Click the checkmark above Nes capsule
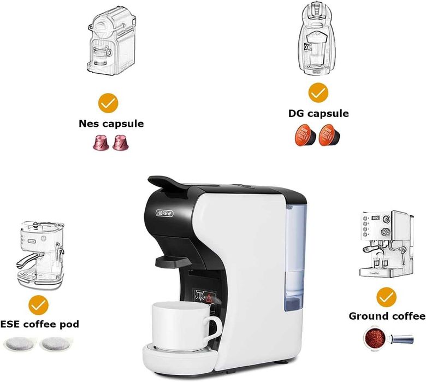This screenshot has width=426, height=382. (x=109, y=102)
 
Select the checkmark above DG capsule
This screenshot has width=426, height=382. (x=318, y=92)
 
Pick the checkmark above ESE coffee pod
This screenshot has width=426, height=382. (x=39, y=304)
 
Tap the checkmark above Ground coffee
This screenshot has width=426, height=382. (x=386, y=297)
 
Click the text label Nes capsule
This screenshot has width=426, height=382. (x=111, y=124)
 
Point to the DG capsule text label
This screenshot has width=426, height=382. (x=318, y=114)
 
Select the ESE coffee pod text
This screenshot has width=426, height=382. (x=39, y=325)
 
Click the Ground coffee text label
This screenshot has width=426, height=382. (x=387, y=316)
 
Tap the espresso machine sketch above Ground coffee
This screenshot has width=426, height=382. (x=386, y=244)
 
